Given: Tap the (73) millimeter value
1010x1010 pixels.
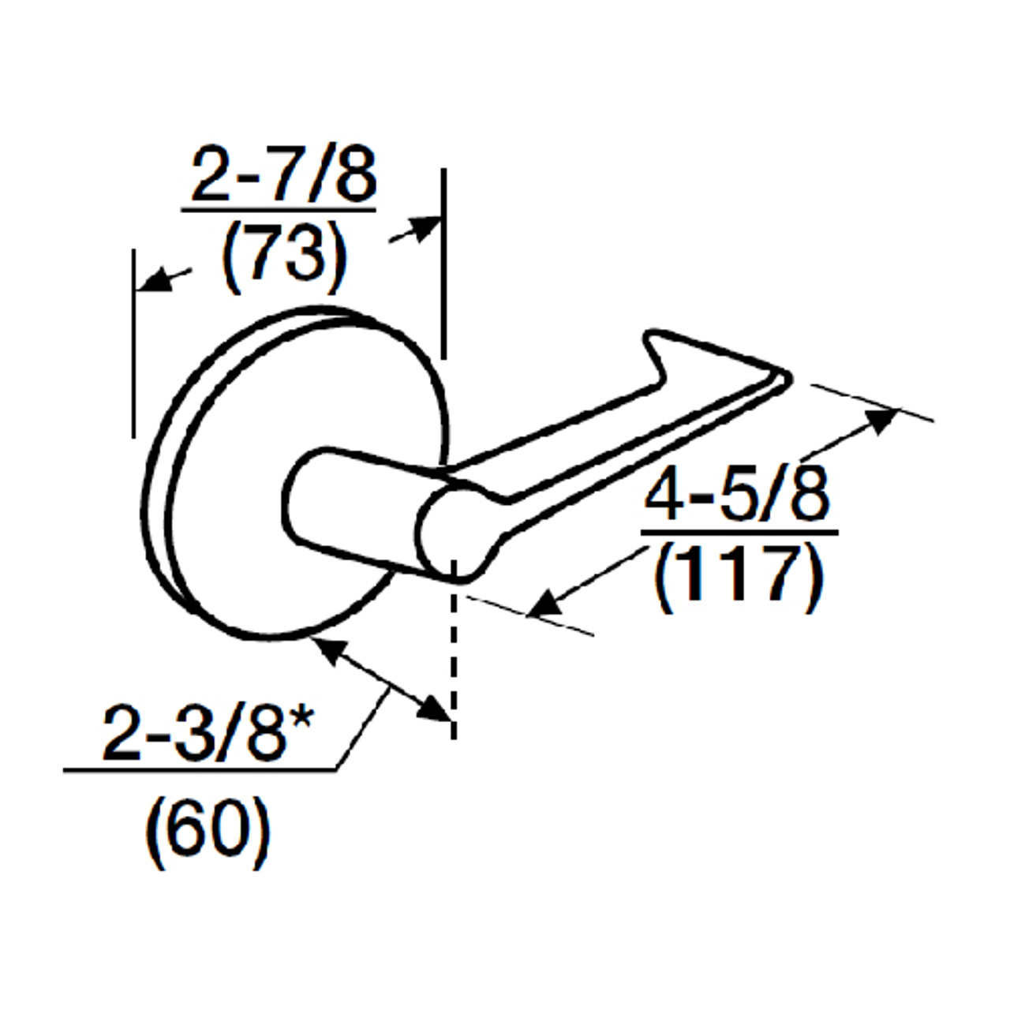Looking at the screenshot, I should (x=284, y=254).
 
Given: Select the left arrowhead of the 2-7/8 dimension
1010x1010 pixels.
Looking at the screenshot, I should (x=150, y=282).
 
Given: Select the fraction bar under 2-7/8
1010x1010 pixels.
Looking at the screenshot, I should (x=278, y=210).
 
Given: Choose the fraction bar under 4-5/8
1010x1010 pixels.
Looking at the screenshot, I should (x=739, y=533).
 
